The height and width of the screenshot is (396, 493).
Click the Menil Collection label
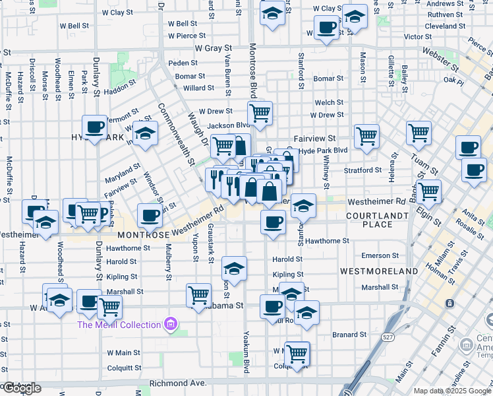pos(119,325)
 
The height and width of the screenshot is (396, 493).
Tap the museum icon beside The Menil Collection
pos(171,324)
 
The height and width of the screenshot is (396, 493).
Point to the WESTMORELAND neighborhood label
pos(379,271)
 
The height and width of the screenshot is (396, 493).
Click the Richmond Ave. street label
pos(178,383)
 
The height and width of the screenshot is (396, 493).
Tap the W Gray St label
pos(214,48)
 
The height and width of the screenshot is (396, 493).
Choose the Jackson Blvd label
pos(227,125)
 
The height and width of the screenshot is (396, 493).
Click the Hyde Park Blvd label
pos(323,150)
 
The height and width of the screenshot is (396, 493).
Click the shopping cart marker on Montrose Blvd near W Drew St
pos(260,113)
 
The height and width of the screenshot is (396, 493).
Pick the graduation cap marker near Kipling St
pos(233,268)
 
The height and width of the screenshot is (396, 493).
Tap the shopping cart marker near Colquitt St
pos(297,352)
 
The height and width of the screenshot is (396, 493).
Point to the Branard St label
pos(344,335)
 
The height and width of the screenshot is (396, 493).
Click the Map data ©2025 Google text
pos(452,391)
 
